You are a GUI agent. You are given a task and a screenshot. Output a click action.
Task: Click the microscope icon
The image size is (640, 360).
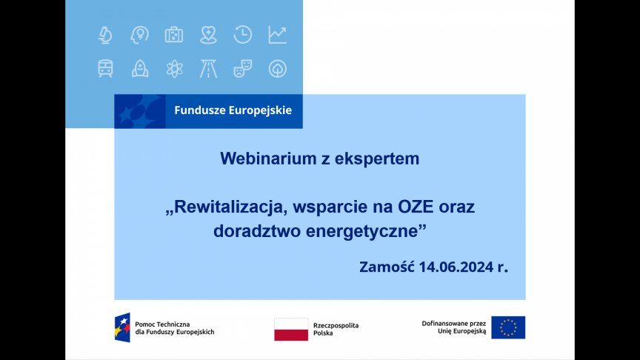[105, 35]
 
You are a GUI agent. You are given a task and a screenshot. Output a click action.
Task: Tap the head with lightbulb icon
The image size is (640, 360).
[139, 35]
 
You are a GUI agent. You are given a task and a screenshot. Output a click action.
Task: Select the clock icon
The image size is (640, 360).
[243, 34]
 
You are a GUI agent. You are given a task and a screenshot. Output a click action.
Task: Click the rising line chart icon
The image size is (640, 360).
[278, 35]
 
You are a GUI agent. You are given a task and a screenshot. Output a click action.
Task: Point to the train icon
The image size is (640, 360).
[105, 69]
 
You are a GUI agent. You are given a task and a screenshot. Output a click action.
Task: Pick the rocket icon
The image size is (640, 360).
[140, 69]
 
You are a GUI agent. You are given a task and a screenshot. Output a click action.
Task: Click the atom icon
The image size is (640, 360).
[174, 69]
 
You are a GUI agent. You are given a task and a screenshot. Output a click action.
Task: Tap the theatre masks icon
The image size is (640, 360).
[243, 69]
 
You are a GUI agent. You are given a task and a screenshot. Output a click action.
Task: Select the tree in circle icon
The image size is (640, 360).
[278, 69]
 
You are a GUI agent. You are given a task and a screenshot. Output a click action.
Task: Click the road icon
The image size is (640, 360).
[209, 69]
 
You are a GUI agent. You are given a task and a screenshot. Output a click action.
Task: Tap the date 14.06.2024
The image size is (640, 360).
[456, 267]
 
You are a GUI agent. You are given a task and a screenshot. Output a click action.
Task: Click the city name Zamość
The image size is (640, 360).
[387, 267]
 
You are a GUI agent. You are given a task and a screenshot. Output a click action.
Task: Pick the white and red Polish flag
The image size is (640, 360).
[291, 330]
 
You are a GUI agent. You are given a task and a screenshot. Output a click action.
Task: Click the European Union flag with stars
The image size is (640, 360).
[508, 327]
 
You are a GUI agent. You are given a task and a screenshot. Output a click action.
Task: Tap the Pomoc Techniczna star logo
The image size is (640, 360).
[122, 327]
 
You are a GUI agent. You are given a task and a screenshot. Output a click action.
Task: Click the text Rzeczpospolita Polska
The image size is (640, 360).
[336, 330]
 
